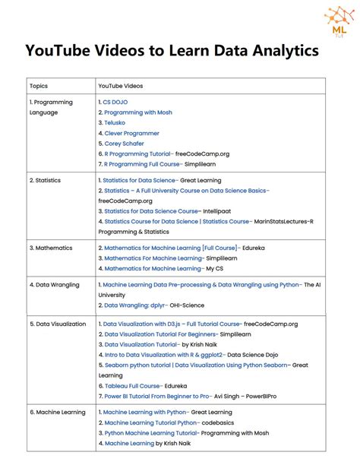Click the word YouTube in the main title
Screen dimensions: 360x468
[61, 51]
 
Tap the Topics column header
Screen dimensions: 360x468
[39, 86]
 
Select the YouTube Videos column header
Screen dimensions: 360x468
[121, 86]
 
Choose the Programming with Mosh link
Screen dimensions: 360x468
[138, 112]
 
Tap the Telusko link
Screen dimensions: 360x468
[115, 122]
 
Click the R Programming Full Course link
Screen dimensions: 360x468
[142, 163]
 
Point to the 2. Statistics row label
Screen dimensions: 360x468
[45, 181]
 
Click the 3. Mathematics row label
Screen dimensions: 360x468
[50, 248]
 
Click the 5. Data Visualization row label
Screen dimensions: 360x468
[58, 324]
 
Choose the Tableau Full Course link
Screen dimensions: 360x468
[132, 385]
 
